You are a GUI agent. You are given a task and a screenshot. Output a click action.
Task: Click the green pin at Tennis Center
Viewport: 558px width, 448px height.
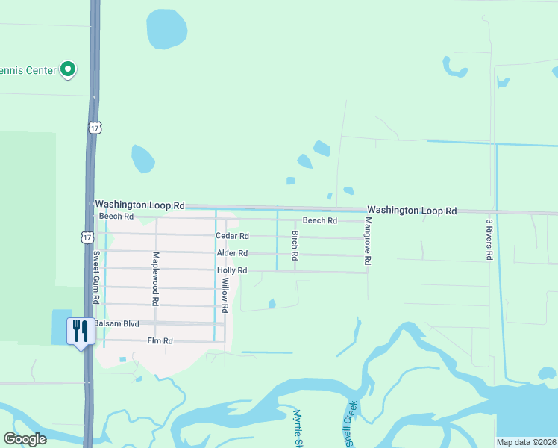(68, 70)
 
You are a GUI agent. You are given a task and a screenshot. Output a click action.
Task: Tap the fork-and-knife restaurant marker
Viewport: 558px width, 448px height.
(81, 331)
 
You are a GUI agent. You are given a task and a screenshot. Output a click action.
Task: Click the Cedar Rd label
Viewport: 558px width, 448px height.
(231, 236)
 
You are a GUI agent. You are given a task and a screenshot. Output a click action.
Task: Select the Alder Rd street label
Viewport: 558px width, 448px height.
(232, 253)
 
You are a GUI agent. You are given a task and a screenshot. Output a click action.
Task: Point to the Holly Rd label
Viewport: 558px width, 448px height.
(231, 270)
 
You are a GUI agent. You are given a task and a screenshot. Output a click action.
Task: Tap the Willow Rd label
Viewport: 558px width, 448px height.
(225, 294)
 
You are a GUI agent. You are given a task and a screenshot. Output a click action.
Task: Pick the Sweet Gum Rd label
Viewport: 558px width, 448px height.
(96, 277)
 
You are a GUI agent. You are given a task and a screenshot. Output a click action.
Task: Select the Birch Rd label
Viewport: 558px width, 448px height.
(295, 245)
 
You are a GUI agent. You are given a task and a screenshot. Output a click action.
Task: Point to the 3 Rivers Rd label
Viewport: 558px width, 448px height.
(489, 239)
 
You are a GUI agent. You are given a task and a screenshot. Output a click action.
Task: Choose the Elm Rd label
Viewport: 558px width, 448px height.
(160, 341)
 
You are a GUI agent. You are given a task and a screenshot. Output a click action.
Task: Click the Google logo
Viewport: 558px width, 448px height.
(25, 438)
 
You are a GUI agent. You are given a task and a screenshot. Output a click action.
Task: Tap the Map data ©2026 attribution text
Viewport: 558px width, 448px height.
(526, 442)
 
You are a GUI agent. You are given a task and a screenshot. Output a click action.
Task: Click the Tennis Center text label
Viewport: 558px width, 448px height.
(28, 70)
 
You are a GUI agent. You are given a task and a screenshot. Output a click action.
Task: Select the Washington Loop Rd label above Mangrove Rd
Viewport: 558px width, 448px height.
(411, 211)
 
